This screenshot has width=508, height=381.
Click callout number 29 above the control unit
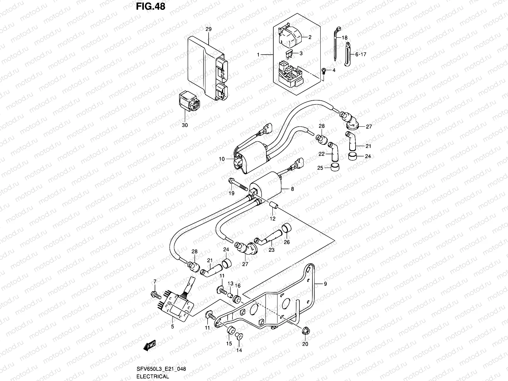[208, 29]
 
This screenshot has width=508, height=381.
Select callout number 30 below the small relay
[185, 125]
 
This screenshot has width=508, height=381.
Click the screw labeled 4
[324, 70]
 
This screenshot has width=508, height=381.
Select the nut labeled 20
[305, 331]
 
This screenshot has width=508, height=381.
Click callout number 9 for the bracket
[325, 284]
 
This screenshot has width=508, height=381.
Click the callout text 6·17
[361, 54]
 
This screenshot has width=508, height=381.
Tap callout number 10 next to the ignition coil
[222, 159]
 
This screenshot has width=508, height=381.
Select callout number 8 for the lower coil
[292, 189]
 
